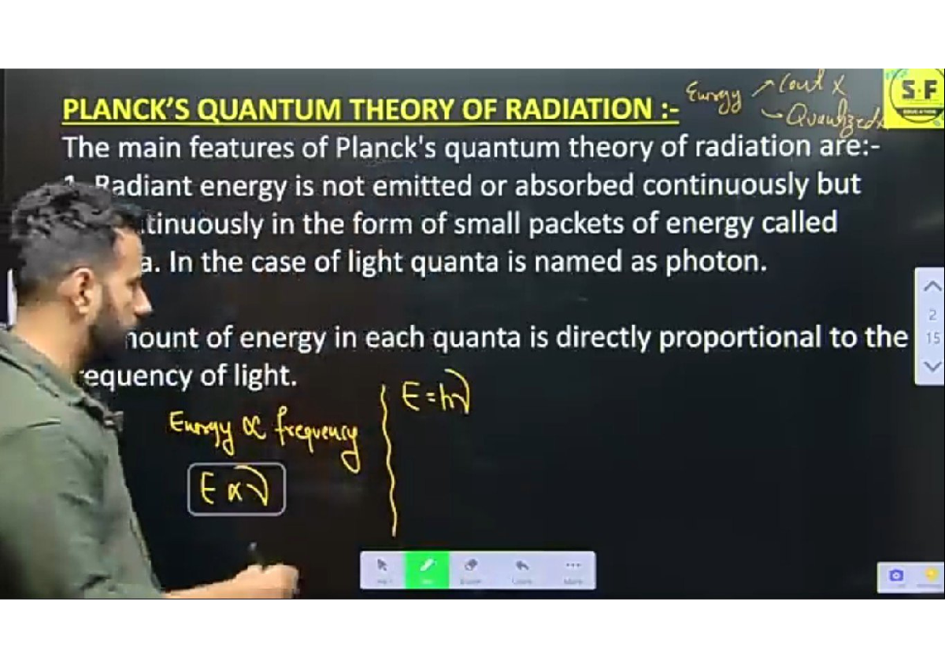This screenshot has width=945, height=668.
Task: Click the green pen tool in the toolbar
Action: pos(427,568)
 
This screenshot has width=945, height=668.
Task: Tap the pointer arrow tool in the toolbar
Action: pos(383,568)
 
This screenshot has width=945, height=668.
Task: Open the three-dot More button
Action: pos(572,568)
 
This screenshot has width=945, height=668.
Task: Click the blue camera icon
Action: pos(896,576)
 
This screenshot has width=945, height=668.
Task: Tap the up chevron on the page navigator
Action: pos(931,288)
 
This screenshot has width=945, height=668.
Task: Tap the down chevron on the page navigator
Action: pos(931,366)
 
